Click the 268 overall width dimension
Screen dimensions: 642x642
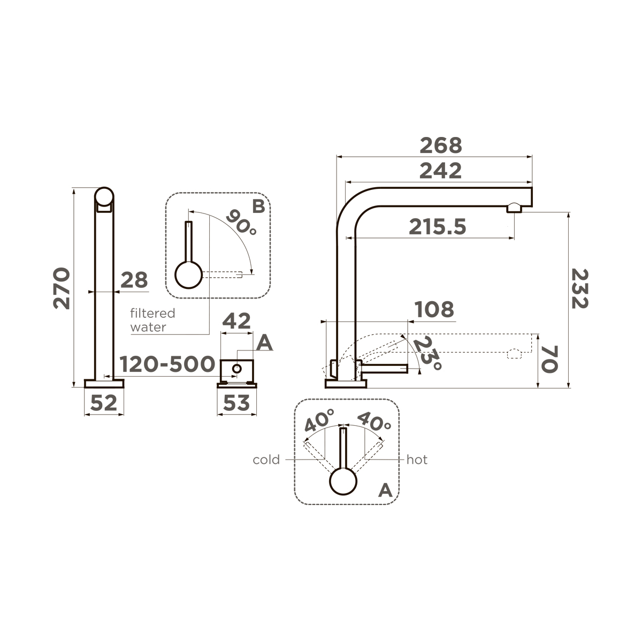(x=440, y=146)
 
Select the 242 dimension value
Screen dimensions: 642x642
(x=440, y=171)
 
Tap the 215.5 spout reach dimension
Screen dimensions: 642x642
(x=437, y=227)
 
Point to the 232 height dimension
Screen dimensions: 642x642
(x=580, y=289)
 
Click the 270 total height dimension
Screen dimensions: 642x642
(x=62, y=288)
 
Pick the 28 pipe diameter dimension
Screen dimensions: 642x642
(x=134, y=280)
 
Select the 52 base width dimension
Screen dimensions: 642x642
(x=104, y=403)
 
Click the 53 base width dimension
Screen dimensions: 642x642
(x=236, y=403)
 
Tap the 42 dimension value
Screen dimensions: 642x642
(x=236, y=321)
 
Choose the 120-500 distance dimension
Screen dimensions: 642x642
(x=167, y=364)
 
